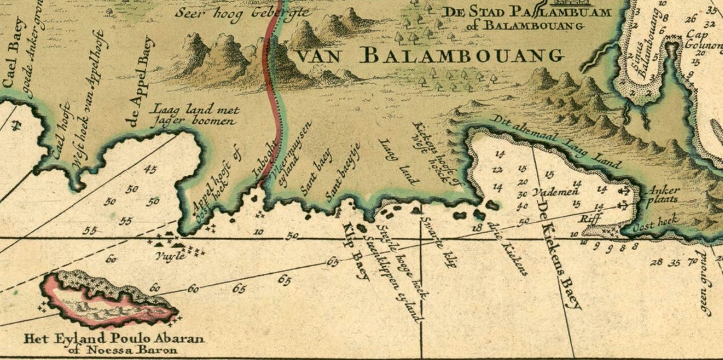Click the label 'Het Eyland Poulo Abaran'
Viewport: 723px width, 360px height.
pos(114,338)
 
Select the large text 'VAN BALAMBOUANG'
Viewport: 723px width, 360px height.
pos(430,56)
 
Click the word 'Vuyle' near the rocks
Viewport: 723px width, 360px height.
pos(171,256)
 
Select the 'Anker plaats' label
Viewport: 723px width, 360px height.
pos(663,194)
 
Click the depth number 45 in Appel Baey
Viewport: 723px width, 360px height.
pos(151,169)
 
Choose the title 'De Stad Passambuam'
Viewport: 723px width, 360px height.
pos(526,12)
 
